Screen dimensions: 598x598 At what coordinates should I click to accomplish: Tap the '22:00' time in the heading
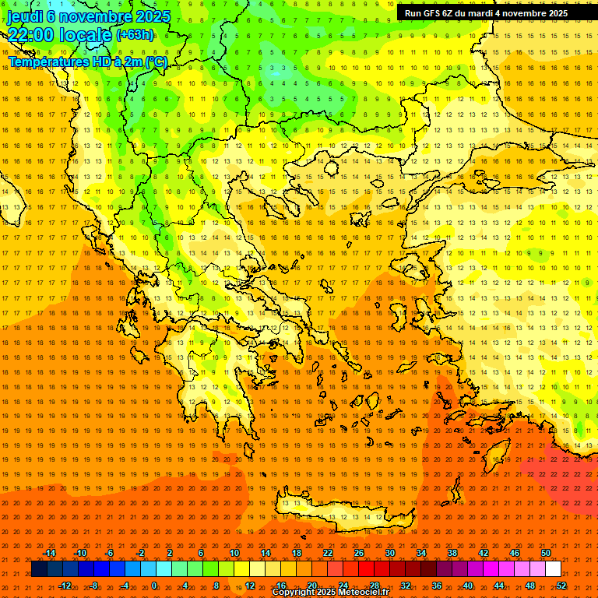[30, 35]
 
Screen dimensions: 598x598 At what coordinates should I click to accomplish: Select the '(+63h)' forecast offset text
[135, 35]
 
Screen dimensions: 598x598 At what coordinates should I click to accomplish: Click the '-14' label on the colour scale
[49, 553]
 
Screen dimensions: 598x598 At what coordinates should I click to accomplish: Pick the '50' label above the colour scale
[546, 553]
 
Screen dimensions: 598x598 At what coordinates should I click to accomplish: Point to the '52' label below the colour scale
[561, 586]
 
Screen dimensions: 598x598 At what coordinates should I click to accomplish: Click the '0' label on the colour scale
[153, 586]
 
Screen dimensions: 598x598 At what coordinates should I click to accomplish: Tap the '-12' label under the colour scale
[65, 586]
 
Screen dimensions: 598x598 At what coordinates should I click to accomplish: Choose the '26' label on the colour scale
[359, 553]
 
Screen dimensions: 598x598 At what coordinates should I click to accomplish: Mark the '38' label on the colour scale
[452, 553]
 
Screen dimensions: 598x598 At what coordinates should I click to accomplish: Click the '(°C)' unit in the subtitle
[154, 62]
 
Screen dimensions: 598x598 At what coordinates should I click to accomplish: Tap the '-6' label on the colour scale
[110, 553]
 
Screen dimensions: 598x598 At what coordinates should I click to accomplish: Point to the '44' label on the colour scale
[499, 586]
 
